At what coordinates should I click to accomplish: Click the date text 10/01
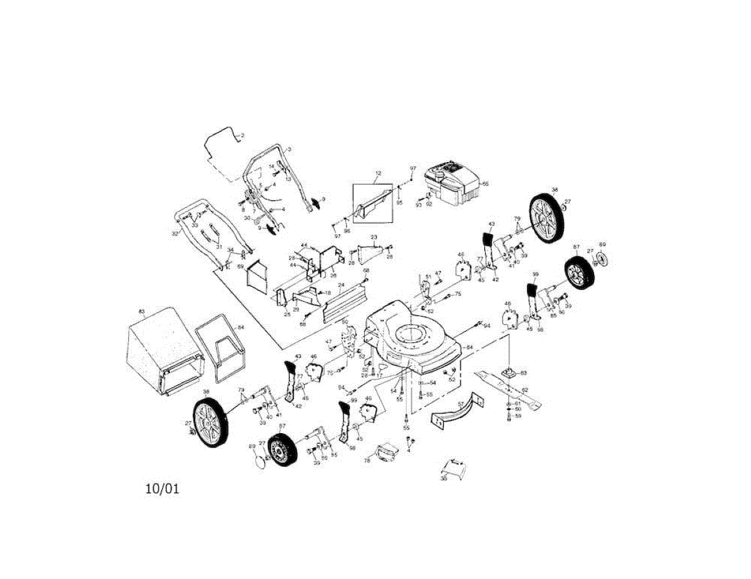click(162, 489)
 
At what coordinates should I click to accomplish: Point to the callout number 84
click(241, 327)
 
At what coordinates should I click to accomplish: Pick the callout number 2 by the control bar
click(243, 135)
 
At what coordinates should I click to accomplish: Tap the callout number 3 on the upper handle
click(290, 150)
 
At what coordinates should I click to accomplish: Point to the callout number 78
click(367, 460)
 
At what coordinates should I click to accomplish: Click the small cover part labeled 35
click(453, 466)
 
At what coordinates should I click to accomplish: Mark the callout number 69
click(240, 267)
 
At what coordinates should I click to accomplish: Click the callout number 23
click(374, 237)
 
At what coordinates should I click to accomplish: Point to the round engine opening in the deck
click(411, 334)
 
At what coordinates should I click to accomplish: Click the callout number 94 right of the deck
click(488, 326)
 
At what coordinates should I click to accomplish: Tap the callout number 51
click(429, 276)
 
